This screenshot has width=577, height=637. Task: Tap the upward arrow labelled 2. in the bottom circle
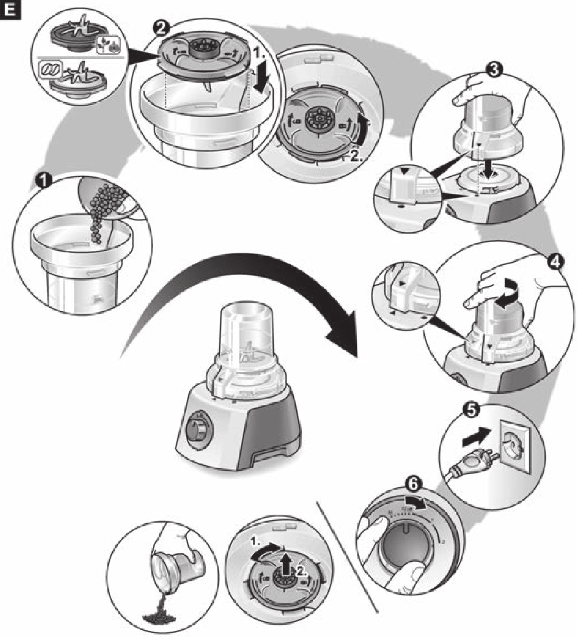pos(286,557)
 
